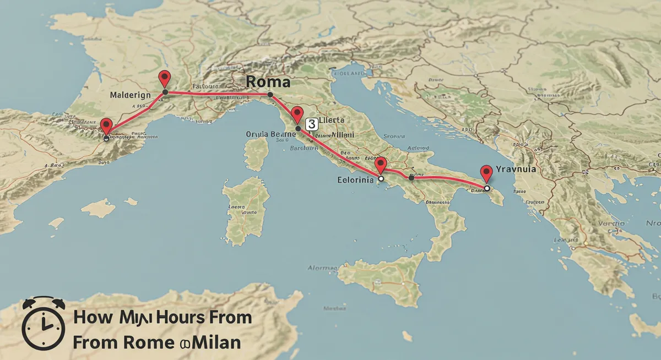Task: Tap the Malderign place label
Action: click(x=130, y=95)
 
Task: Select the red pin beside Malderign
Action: click(x=164, y=79)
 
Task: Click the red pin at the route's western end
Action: click(x=107, y=126)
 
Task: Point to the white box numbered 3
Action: click(x=311, y=124)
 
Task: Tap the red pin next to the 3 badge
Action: click(x=297, y=114)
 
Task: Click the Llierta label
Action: click(x=332, y=120)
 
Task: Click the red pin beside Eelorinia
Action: click(x=380, y=165)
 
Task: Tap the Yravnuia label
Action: click(x=516, y=170)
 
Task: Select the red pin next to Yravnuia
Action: click(x=486, y=173)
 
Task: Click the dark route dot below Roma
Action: click(x=270, y=95)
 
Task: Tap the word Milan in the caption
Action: click(x=216, y=342)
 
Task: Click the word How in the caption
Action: click(x=91, y=318)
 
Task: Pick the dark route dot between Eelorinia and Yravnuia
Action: click(x=411, y=177)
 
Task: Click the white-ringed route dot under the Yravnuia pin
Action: click(x=486, y=188)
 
